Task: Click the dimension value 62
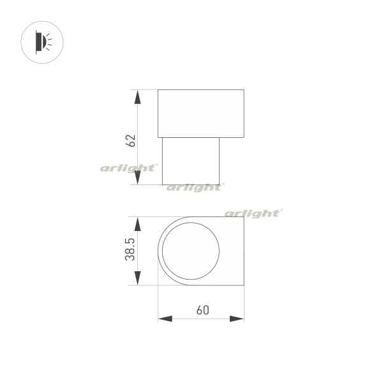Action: [130, 140]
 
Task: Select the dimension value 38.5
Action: [130, 250]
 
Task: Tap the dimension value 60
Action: [203, 310]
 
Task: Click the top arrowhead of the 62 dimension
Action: [138, 97]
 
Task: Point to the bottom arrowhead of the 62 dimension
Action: [138, 177]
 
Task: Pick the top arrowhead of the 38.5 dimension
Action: [138, 224]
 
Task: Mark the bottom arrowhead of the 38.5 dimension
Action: [138, 278]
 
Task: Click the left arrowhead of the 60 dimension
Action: [165, 319]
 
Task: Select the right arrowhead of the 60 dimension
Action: [237, 319]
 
